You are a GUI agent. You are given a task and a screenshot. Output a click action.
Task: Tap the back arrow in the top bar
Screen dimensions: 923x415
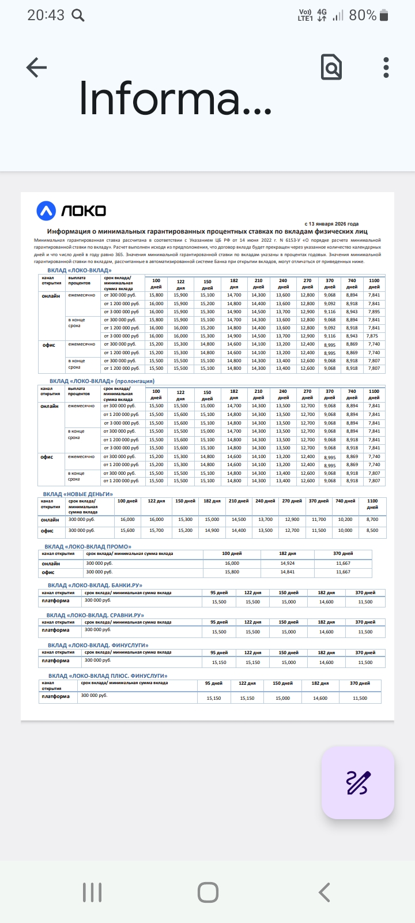click(36, 67)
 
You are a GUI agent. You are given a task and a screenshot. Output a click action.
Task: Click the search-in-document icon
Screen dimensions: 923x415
click(331, 67)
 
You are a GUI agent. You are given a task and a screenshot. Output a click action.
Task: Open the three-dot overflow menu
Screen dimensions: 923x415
click(386, 67)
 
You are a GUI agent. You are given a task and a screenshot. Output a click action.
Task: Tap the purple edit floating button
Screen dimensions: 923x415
click(358, 783)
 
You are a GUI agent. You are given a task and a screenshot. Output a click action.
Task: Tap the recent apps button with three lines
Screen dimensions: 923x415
click(92, 892)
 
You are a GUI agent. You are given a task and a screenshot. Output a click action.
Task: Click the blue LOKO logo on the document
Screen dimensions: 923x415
click(71, 211)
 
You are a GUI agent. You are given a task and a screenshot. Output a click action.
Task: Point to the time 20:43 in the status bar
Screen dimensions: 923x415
click(46, 16)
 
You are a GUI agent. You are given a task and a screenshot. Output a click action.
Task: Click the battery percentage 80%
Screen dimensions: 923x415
click(363, 16)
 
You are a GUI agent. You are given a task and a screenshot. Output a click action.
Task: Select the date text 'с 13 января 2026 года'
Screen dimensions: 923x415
click(331, 224)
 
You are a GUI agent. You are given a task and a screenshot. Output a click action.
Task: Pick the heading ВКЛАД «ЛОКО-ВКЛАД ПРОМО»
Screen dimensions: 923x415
click(88, 546)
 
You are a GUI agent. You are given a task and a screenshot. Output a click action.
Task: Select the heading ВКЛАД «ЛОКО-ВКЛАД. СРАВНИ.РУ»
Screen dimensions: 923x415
click(96, 615)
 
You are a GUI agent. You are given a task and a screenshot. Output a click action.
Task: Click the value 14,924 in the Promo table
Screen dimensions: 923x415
click(287, 563)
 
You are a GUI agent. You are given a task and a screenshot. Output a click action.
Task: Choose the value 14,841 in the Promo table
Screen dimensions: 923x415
click(287, 572)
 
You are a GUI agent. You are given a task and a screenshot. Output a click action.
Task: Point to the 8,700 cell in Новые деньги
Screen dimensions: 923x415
click(372, 520)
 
